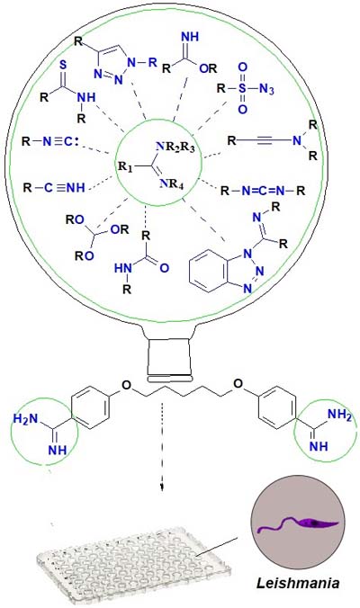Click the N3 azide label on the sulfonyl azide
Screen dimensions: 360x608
[x=266, y=89]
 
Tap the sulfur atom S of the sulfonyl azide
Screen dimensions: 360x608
[x=242, y=88]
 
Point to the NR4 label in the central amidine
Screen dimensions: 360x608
[x=171, y=183]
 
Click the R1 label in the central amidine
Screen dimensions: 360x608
[x=125, y=166]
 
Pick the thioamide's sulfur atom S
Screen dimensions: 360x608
[x=62, y=65]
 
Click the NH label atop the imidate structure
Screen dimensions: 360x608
[x=190, y=37]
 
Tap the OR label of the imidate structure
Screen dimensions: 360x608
[x=208, y=68]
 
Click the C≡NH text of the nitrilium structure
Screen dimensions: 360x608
[x=64, y=188]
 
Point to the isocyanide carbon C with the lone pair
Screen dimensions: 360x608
[x=68, y=141]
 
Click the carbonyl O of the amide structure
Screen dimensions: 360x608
[x=164, y=268]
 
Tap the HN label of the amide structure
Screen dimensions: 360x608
[x=123, y=268]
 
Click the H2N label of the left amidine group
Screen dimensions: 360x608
[x=25, y=419]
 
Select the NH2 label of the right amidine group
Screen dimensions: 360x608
[x=339, y=415]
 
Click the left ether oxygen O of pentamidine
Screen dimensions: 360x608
[x=126, y=385]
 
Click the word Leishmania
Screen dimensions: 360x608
[x=298, y=583]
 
